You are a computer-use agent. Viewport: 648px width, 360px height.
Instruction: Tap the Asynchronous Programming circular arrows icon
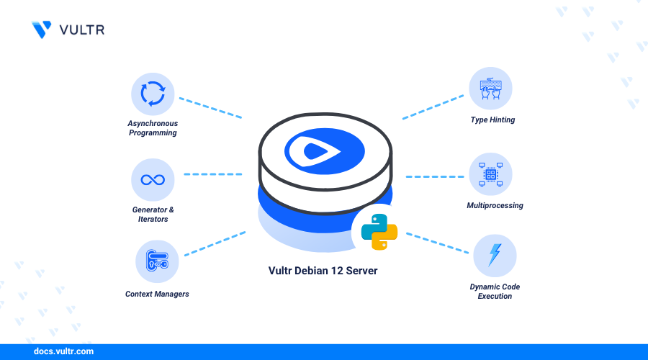pyautogui.click(x=153, y=94)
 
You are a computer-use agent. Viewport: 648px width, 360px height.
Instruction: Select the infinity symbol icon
pyautogui.click(x=153, y=179)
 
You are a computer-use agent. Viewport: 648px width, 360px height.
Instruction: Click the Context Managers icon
pyautogui.click(x=156, y=261)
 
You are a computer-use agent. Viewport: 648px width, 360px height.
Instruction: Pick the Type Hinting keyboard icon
pyautogui.click(x=490, y=89)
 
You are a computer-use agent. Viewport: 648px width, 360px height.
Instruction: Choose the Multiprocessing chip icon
pyautogui.click(x=490, y=174)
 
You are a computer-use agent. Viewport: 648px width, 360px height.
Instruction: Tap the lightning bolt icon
pyautogui.click(x=495, y=256)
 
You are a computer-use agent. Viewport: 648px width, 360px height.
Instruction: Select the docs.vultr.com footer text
pyautogui.click(x=64, y=352)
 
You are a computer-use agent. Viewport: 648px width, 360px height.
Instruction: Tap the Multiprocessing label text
pyautogui.click(x=495, y=206)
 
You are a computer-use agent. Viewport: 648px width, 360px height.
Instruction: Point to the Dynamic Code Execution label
pyautogui.click(x=495, y=292)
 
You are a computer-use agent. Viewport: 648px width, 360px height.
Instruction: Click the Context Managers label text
pyautogui.click(x=157, y=294)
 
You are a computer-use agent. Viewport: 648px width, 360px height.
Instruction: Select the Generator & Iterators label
pyautogui.click(x=153, y=214)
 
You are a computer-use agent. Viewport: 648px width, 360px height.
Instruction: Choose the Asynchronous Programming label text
pyautogui.click(x=153, y=128)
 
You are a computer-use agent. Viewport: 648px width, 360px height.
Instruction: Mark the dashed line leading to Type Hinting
pyautogui.click(x=432, y=107)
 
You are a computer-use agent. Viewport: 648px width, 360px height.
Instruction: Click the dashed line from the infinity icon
pyautogui.click(x=212, y=174)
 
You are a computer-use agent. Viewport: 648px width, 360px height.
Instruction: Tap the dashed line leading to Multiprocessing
pyautogui.click(x=434, y=176)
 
